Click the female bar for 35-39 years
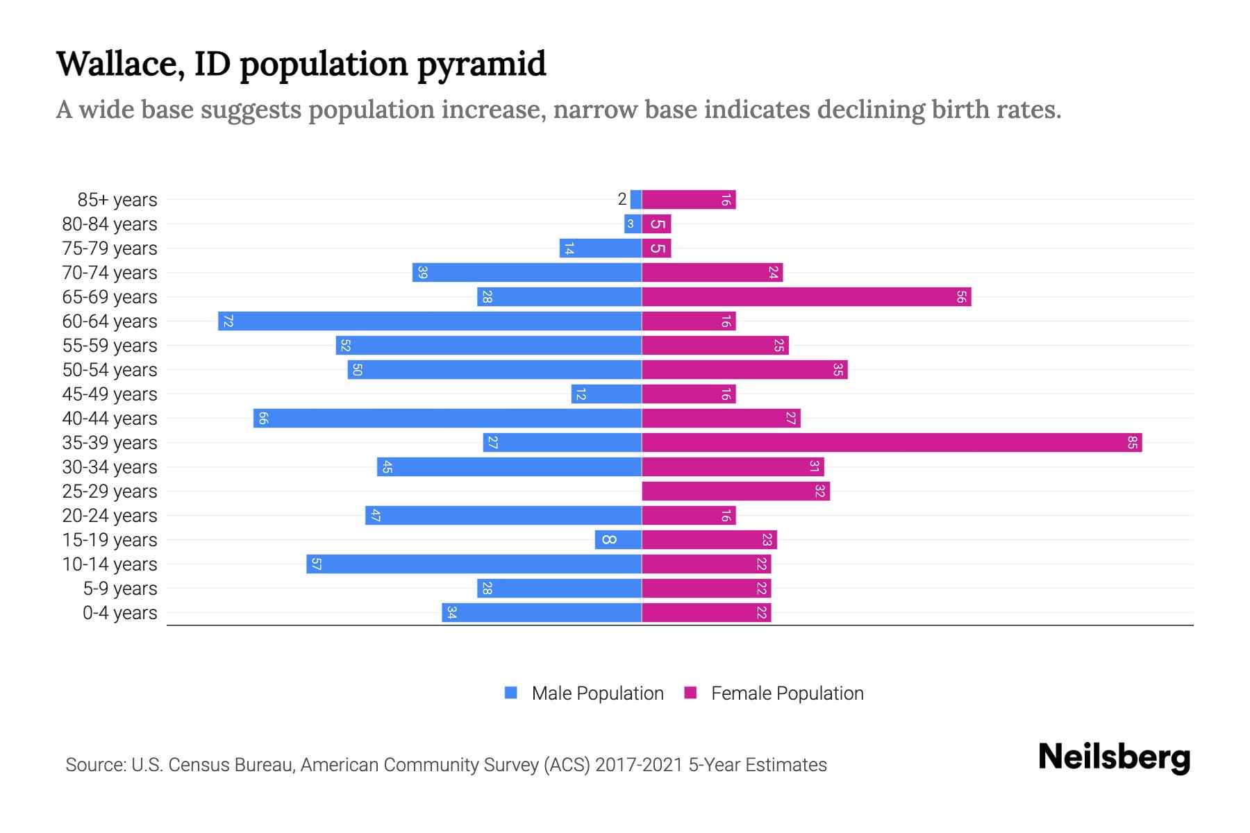891,442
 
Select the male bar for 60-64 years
429,321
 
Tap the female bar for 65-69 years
806,296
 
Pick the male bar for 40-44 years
447,418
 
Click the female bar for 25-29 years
735,491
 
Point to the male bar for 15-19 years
618,539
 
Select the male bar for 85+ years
635,199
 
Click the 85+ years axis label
117,200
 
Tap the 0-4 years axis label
119,613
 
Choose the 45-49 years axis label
110,394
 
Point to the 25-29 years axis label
110,491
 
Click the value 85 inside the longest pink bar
1132,442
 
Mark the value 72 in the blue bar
227,321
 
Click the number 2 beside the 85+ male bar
622,199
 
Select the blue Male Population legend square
511,693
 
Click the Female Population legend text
787,693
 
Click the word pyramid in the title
481,64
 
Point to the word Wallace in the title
119,64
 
